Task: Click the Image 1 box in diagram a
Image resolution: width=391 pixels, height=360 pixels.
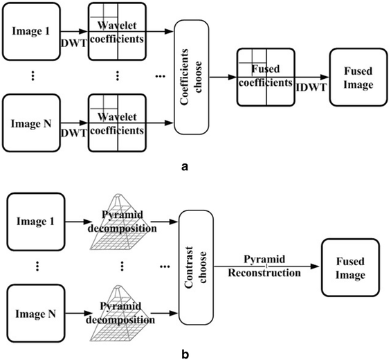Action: tap(30, 30)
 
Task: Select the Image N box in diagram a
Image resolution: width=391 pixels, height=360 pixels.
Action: tap(30, 125)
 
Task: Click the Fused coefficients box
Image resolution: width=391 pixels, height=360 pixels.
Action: tap(262, 76)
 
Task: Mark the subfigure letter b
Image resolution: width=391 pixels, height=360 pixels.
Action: tap(185, 352)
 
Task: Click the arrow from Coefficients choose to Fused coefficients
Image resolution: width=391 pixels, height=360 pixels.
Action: tap(223, 76)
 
